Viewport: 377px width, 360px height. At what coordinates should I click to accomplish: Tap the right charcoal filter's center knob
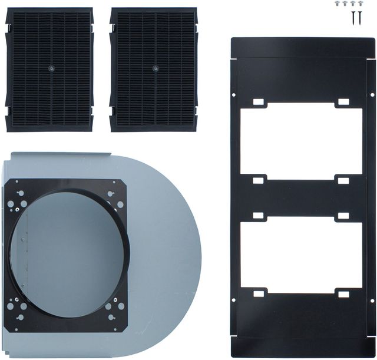155,68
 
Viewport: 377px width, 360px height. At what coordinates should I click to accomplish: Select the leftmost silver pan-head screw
338,4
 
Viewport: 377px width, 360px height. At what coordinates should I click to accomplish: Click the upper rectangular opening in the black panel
300,141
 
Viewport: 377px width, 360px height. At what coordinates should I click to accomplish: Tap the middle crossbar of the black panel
300,197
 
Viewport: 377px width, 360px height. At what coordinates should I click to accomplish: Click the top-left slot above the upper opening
259,103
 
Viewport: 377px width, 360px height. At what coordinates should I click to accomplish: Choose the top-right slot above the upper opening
343,103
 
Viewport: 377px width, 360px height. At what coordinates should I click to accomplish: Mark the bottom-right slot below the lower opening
343,293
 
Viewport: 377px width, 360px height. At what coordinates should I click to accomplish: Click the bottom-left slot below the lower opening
259,293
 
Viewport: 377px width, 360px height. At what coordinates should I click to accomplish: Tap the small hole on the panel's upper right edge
371,94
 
